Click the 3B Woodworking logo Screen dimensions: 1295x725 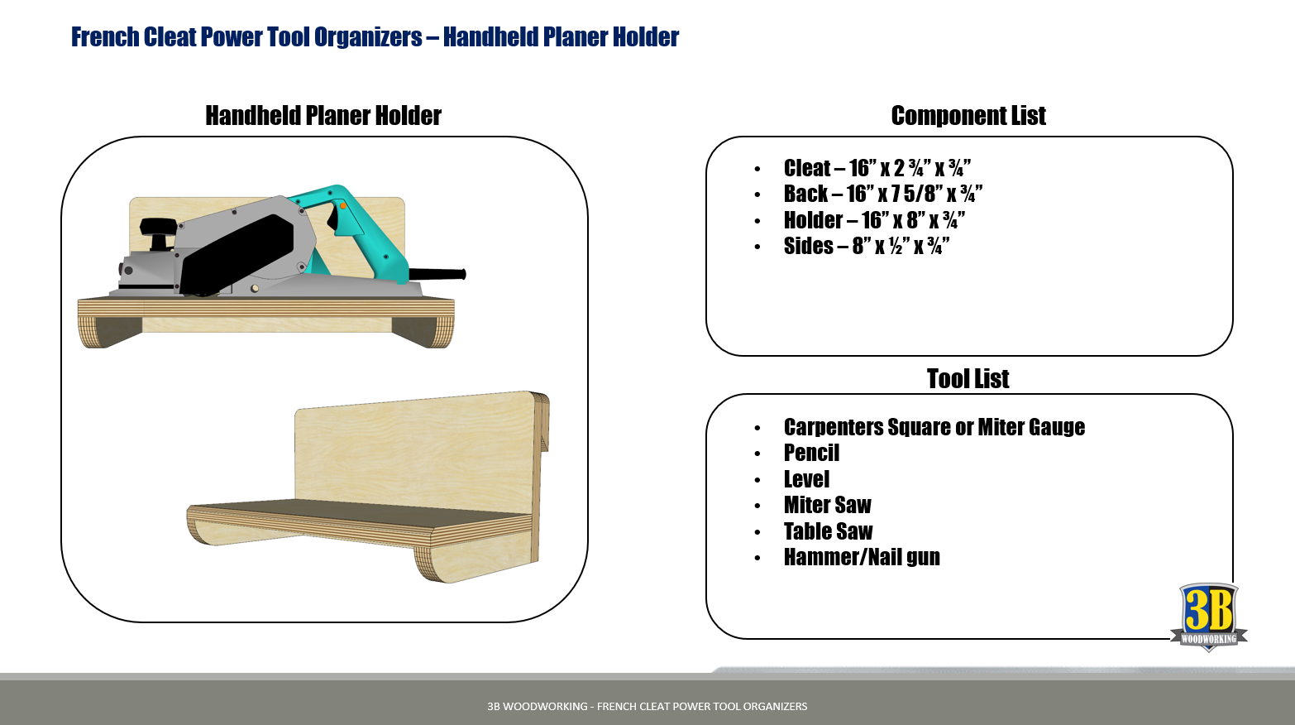point(1208,617)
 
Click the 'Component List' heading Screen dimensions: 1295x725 point(968,116)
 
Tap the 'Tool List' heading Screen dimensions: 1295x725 point(968,379)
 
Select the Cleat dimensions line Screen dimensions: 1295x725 point(877,168)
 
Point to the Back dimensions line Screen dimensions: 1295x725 point(883,194)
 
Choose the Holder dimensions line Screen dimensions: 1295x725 point(874,220)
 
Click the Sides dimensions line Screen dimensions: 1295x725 point(866,246)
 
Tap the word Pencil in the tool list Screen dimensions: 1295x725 point(811,453)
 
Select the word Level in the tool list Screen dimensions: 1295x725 point(806,479)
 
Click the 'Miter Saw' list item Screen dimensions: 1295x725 point(827,505)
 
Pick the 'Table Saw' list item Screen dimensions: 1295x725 point(828,531)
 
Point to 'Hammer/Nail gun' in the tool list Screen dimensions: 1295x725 point(862,557)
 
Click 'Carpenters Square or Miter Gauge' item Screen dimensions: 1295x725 point(934,427)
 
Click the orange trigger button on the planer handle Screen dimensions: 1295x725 point(343,205)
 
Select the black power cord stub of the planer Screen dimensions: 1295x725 point(437,274)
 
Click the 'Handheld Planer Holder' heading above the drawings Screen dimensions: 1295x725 point(323,116)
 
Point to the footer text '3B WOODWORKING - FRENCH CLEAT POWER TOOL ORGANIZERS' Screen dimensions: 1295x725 point(647,707)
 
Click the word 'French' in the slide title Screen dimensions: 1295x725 point(105,37)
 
